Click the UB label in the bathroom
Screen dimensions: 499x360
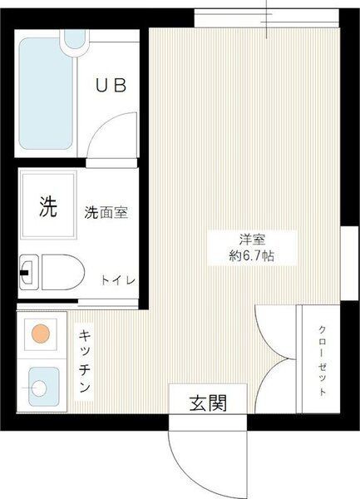[x=110, y=85]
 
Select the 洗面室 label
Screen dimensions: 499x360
[x=106, y=212]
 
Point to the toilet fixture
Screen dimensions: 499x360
[x=52, y=270]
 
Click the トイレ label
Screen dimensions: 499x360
[x=118, y=280]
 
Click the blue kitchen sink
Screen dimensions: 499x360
[x=40, y=386]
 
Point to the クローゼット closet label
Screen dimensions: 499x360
[x=322, y=359]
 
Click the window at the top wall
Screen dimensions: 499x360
[x=267, y=18]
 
